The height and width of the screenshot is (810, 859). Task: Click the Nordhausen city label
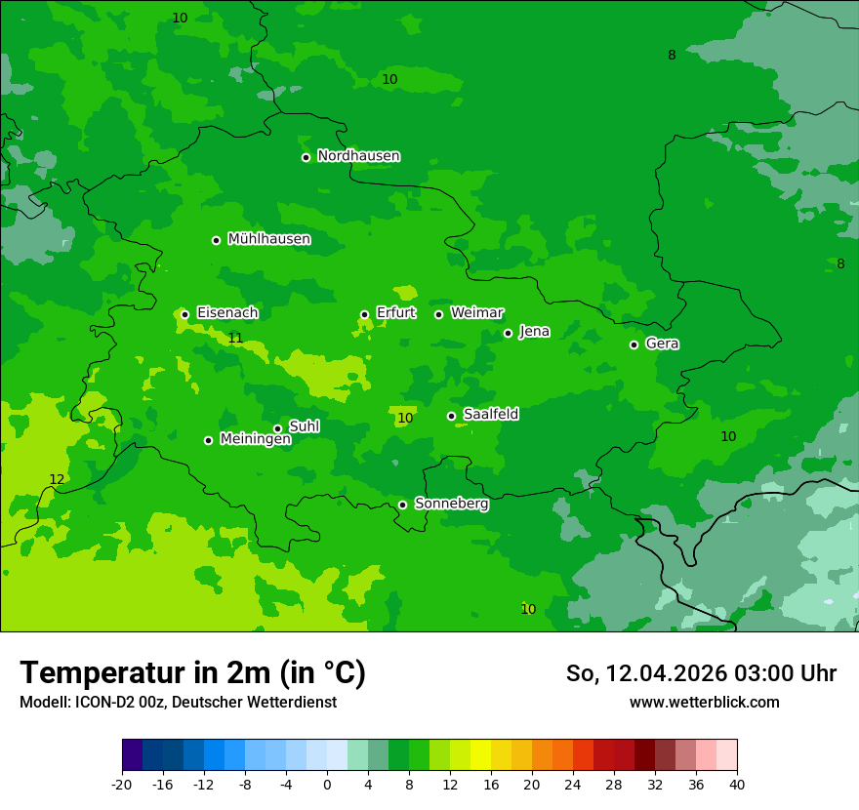(358, 156)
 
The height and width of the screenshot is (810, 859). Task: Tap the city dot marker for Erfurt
(364, 314)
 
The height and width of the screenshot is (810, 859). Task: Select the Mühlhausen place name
(268, 239)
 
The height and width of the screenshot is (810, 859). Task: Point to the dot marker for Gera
(634, 344)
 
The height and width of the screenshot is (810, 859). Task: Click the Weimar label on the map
(476, 313)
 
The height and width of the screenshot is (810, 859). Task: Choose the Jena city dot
(508, 333)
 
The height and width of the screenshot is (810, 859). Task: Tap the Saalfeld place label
(490, 415)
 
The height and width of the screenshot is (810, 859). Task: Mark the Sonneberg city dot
(402, 505)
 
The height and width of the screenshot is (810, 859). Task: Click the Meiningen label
(255, 439)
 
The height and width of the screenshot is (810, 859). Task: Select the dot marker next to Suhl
(277, 428)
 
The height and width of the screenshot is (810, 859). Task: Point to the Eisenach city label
(226, 313)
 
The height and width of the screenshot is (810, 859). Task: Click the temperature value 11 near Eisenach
(235, 339)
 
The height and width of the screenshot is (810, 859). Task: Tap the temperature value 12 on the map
(57, 479)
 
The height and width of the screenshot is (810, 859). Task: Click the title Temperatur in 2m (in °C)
(192, 672)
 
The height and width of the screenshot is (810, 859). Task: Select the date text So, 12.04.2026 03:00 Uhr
(700, 673)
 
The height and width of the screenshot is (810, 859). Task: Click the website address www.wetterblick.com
(704, 703)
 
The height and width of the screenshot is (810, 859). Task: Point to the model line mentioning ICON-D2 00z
(178, 703)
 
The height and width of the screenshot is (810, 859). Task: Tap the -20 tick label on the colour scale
(122, 785)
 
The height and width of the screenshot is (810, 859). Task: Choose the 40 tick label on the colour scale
(736, 785)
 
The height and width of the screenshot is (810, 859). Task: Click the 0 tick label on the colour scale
(327, 785)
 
